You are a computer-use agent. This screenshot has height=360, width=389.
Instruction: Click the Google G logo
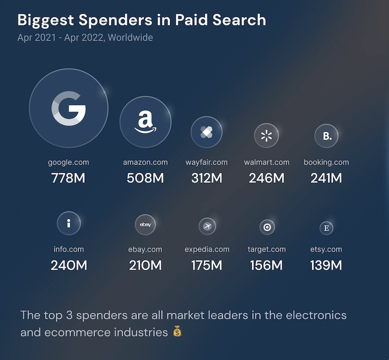(69, 108)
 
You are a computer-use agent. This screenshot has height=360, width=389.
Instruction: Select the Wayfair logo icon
(207, 132)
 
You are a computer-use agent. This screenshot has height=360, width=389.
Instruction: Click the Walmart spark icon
(267, 136)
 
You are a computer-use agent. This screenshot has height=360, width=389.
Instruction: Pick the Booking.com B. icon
(326, 136)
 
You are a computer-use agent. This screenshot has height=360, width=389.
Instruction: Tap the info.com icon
(69, 223)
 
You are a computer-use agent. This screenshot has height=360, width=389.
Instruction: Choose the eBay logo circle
(145, 225)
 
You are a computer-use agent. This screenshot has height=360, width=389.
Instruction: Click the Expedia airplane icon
(207, 226)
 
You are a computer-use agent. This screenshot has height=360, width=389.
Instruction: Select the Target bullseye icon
(267, 227)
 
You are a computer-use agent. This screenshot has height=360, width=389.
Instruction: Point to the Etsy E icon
(326, 228)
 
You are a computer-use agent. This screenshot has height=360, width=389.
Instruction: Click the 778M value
(69, 178)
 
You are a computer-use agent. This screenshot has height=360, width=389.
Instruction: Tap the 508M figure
(145, 178)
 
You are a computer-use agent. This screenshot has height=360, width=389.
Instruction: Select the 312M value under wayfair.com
(207, 178)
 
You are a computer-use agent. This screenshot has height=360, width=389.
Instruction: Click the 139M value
(326, 265)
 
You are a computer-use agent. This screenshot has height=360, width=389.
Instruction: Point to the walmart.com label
(267, 162)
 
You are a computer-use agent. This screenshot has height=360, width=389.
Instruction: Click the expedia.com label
(207, 249)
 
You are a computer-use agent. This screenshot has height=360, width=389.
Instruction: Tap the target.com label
(267, 249)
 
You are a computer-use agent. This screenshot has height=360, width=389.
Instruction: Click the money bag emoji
(177, 332)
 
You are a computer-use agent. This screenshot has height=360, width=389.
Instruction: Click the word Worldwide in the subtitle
(130, 37)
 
